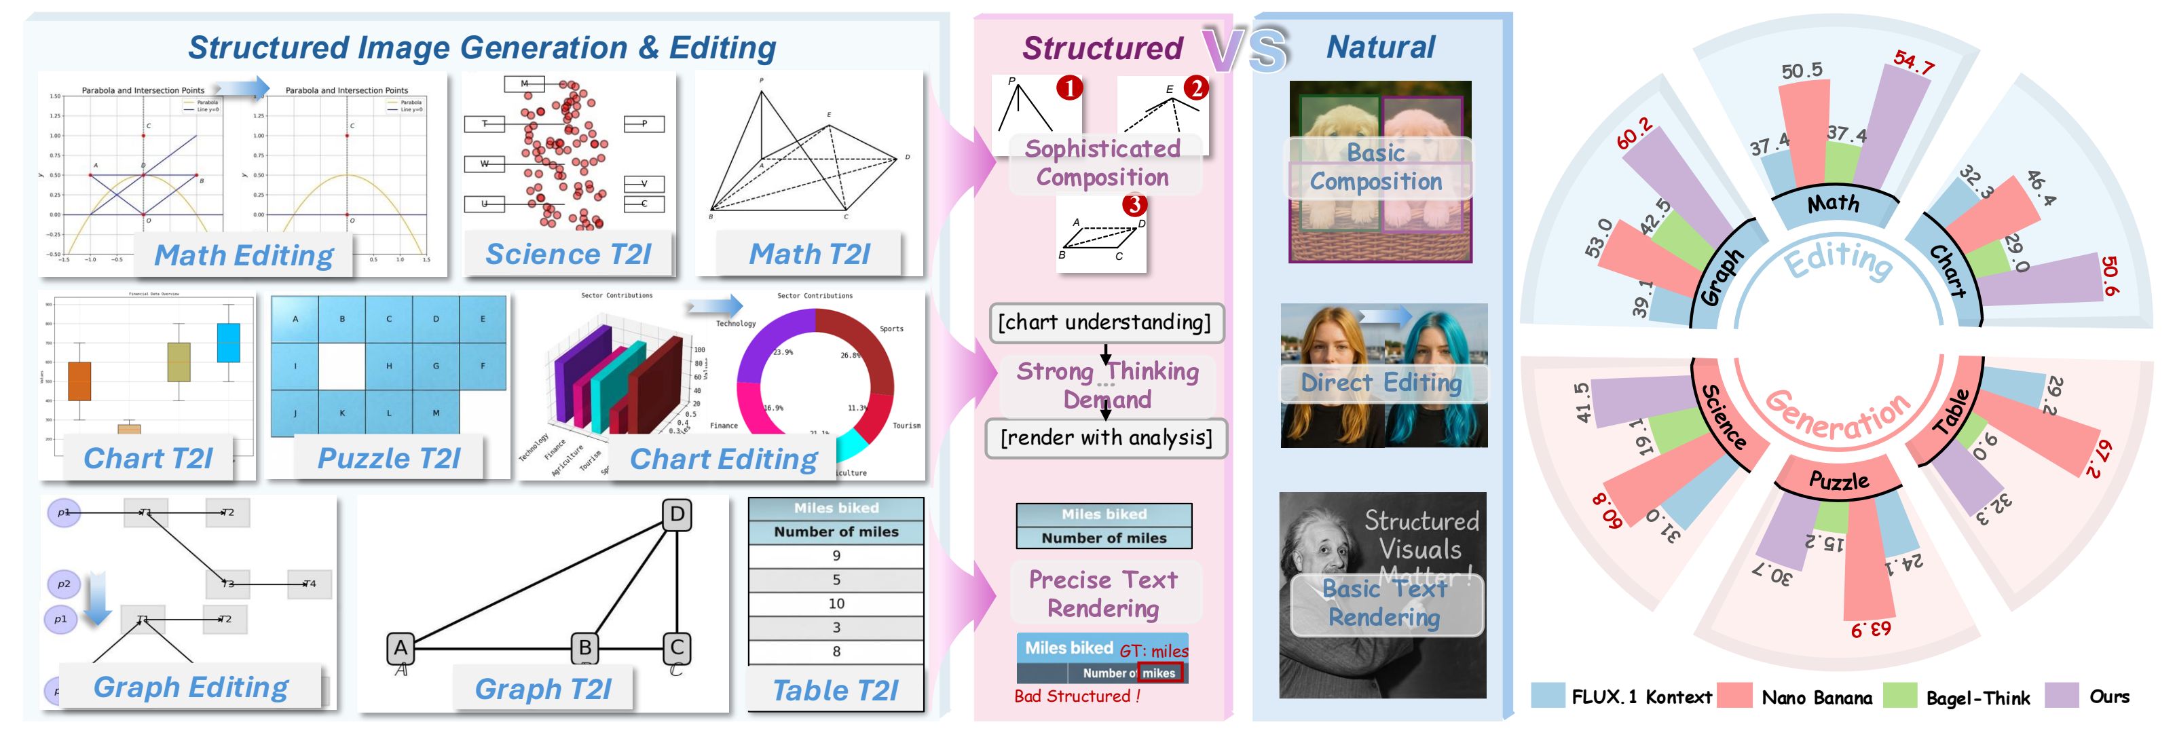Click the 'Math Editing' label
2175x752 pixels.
pyautogui.click(x=243, y=255)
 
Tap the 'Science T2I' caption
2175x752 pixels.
pyautogui.click(x=568, y=254)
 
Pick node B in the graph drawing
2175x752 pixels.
pyautogui.click(x=585, y=648)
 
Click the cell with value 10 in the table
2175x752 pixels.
pyautogui.click(x=836, y=603)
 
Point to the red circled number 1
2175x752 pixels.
pyautogui.click(x=1069, y=88)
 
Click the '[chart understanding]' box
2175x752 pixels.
pyautogui.click(x=1104, y=322)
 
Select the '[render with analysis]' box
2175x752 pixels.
pyautogui.click(x=1106, y=438)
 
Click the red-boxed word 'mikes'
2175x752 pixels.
pyautogui.click(x=1159, y=673)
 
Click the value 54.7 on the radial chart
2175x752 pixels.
pyautogui.click(x=1912, y=62)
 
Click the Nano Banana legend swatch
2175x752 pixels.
pyautogui.click(x=1734, y=696)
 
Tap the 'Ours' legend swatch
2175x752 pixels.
pyautogui.click(x=2061, y=696)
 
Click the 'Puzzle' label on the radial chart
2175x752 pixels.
pyautogui.click(x=1838, y=481)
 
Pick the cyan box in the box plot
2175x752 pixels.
pyautogui.click(x=229, y=343)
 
